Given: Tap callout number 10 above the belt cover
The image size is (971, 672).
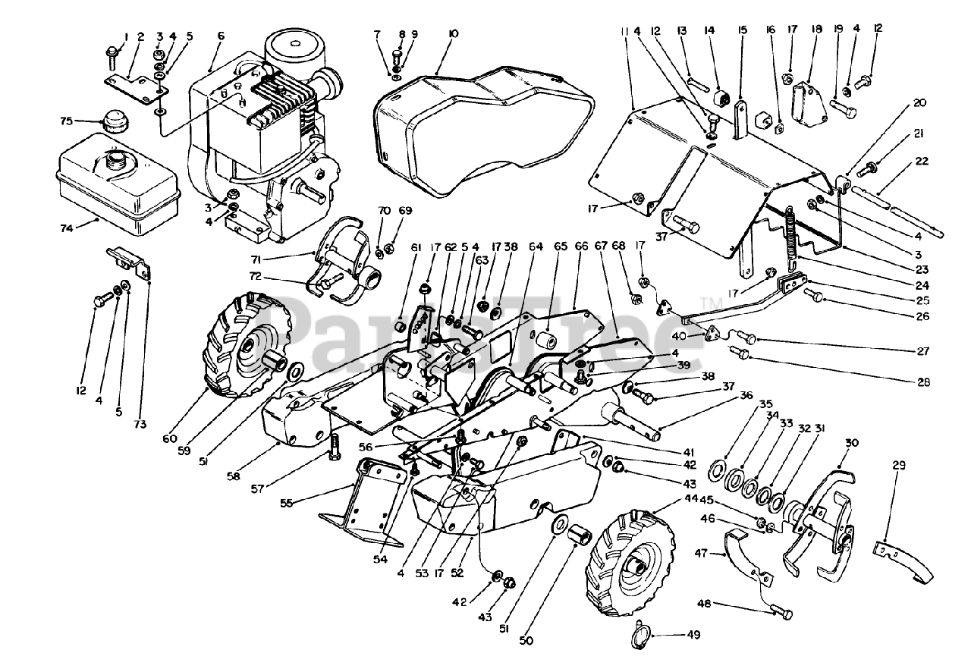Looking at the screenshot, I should (x=453, y=34).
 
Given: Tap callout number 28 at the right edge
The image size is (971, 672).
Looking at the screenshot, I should (x=923, y=382).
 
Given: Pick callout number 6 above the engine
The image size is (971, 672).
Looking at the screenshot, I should (x=221, y=36).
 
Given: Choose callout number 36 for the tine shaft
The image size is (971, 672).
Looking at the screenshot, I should (x=746, y=394).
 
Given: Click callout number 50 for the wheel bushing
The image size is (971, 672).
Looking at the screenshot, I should (x=526, y=640).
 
